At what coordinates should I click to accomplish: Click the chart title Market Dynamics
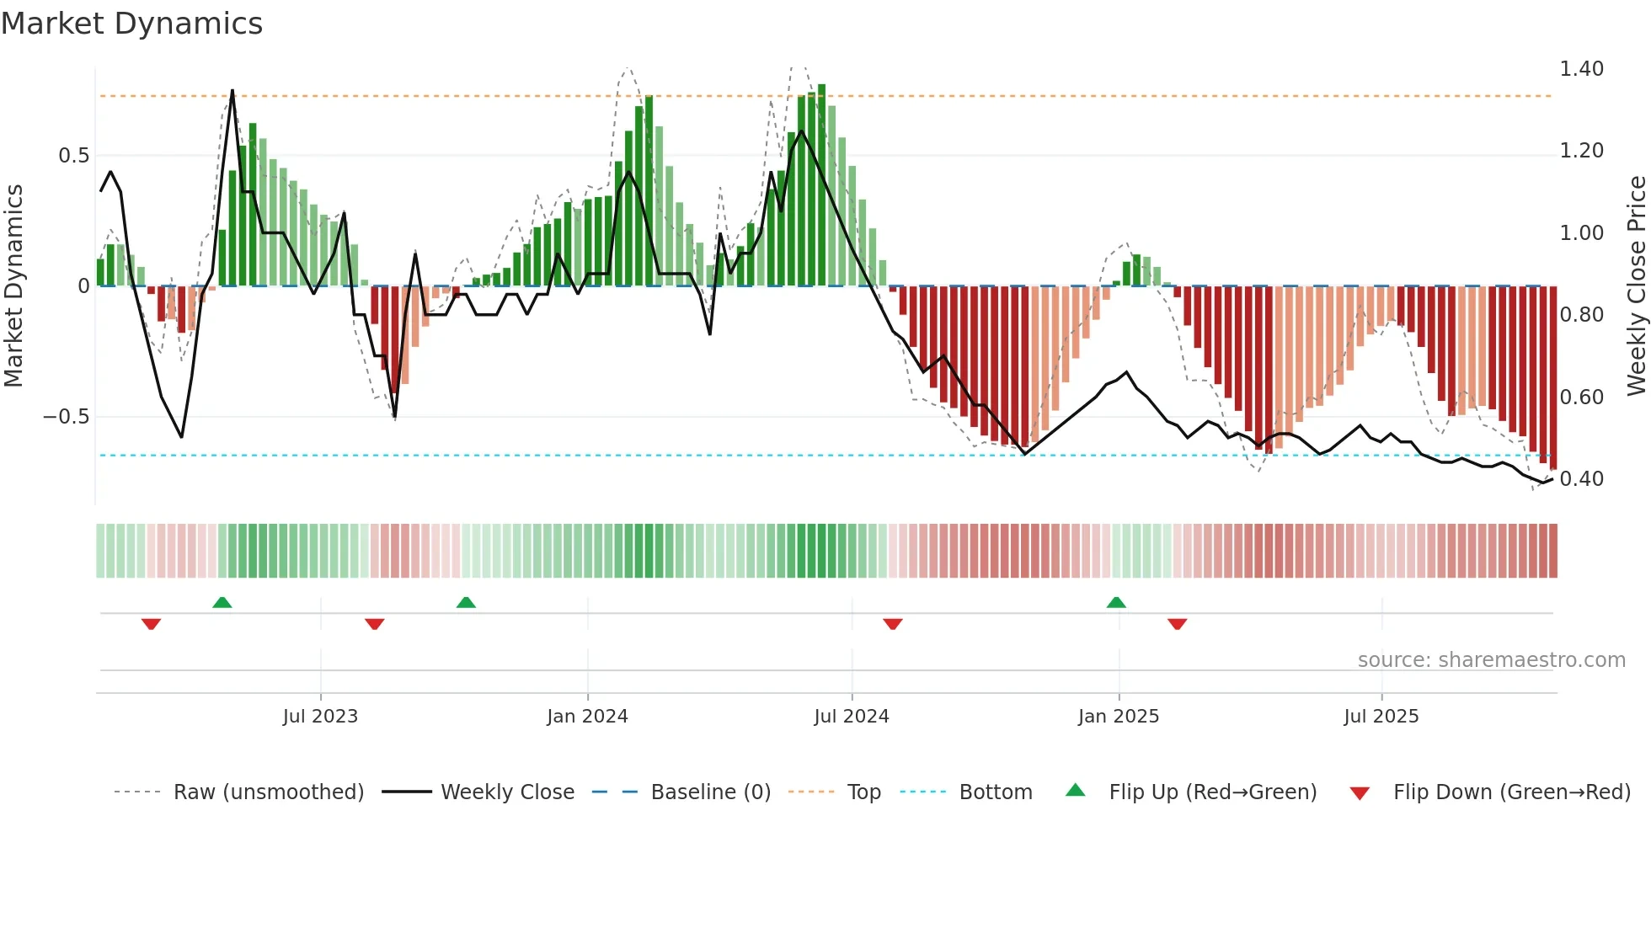point(131,24)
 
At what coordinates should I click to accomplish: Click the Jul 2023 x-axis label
point(320,717)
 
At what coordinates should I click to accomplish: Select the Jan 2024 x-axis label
point(587,717)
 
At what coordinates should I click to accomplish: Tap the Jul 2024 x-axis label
point(852,717)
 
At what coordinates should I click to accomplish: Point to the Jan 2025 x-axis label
point(1119,717)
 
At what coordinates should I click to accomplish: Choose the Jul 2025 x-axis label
point(1381,717)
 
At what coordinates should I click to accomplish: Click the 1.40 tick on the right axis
point(1581,69)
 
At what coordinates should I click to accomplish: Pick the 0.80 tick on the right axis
point(1581,315)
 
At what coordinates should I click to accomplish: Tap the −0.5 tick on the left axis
point(66,417)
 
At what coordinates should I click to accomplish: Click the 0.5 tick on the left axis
point(73,156)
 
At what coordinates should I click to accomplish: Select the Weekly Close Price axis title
point(1636,285)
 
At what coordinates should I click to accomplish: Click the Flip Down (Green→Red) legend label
point(1511,792)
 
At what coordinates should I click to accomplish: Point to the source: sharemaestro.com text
point(1491,660)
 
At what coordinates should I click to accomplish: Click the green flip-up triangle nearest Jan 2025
point(1116,602)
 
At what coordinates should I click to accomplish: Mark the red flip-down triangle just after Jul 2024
point(893,624)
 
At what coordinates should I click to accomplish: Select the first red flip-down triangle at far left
point(152,624)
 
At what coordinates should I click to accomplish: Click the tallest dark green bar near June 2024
point(821,185)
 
